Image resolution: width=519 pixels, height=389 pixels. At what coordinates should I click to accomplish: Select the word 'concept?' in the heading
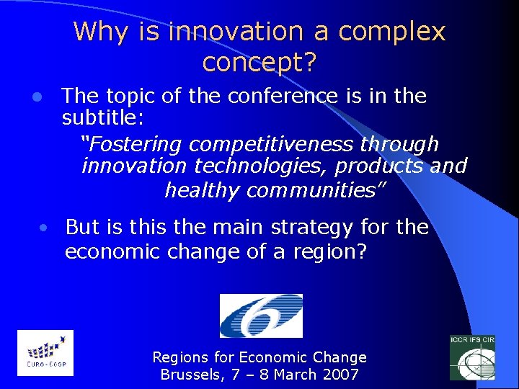(x=259, y=63)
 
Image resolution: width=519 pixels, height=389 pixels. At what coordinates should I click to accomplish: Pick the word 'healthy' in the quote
(x=203, y=190)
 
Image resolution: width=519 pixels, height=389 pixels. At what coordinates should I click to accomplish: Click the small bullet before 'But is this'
(x=44, y=228)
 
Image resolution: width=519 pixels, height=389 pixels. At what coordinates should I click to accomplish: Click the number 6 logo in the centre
(x=261, y=316)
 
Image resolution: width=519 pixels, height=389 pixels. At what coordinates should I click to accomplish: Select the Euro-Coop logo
(x=45, y=352)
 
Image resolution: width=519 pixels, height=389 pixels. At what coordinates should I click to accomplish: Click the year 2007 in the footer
(x=342, y=375)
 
